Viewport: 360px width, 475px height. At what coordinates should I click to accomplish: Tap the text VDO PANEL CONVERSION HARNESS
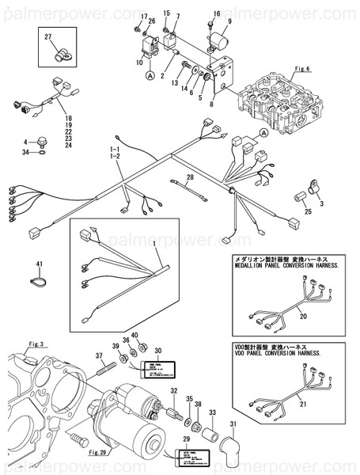coord(277,353)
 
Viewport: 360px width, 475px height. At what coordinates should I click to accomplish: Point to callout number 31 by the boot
coord(232,424)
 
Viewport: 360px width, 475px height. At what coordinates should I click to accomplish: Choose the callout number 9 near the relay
coord(229,21)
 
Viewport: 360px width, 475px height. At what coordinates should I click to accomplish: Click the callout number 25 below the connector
coord(308,211)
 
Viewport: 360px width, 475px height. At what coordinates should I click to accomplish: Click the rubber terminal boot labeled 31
coord(231,447)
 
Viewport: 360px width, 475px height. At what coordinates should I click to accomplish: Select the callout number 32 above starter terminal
coord(173,390)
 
